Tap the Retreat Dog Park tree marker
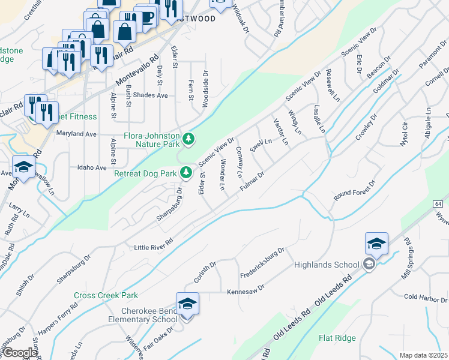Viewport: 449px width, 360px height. click(x=187, y=173)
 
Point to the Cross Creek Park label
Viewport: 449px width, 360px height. click(x=106, y=295)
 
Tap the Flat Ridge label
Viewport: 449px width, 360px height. click(x=337, y=338)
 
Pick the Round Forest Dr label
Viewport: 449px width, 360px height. click(x=355, y=192)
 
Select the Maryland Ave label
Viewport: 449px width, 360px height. click(x=76, y=134)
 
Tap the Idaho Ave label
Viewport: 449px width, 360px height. click(x=92, y=168)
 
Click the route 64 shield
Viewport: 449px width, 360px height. click(x=438, y=203)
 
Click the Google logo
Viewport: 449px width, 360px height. click(x=20, y=353)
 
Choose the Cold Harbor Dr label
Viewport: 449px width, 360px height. click(x=427, y=297)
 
